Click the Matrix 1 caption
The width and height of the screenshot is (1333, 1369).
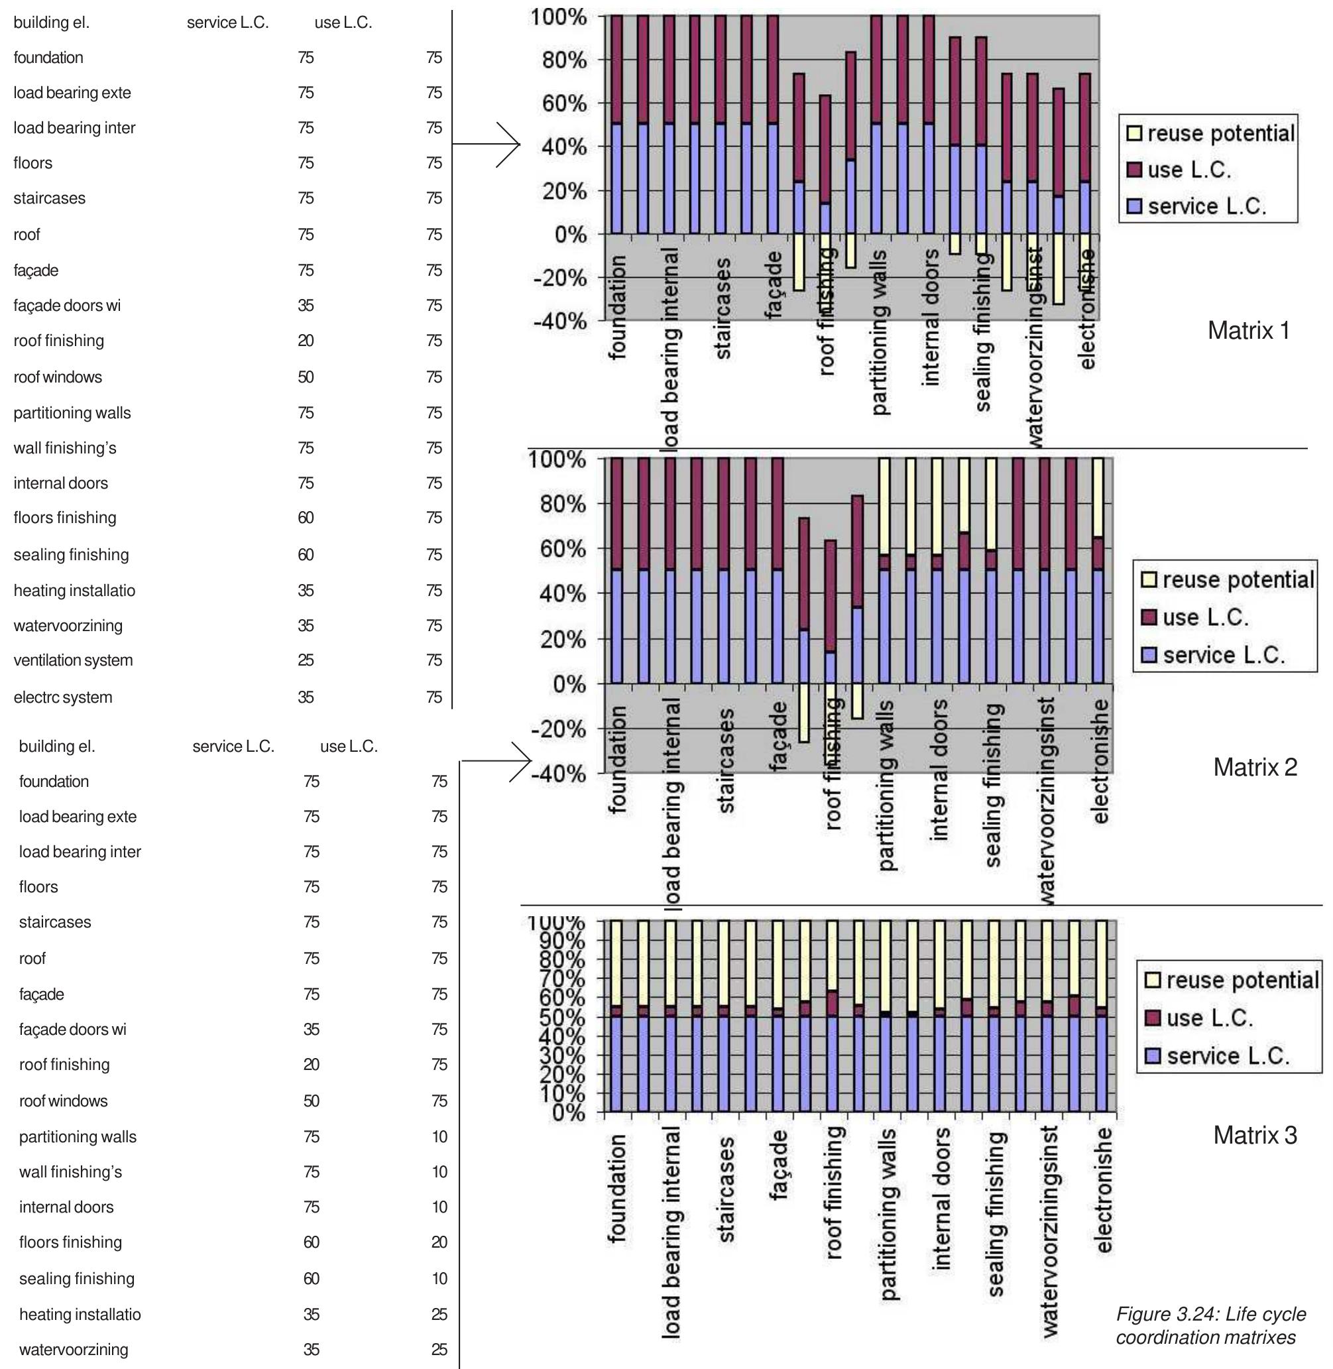click(1248, 331)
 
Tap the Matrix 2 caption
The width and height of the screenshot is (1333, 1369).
click(1255, 768)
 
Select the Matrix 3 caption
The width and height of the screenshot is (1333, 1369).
click(1255, 1134)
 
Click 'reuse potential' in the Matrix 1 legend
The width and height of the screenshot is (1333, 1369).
click(1220, 134)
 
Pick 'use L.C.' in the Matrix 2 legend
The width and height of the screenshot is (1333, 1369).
click(1205, 618)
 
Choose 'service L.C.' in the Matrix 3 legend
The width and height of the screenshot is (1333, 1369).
click(1228, 1056)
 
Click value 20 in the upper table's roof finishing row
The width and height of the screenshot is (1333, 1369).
click(306, 341)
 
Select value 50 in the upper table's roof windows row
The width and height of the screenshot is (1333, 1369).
click(306, 377)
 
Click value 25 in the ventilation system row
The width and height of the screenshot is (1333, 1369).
click(306, 660)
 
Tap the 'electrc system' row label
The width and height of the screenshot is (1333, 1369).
click(63, 697)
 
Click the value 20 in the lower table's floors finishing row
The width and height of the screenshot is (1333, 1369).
click(439, 1243)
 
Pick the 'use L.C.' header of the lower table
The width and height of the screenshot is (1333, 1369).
click(349, 746)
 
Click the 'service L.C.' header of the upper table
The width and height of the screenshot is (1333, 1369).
click(227, 23)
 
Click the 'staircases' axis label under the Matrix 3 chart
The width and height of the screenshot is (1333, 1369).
click(726, 1196)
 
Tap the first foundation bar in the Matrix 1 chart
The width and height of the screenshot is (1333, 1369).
click(616, 126)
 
